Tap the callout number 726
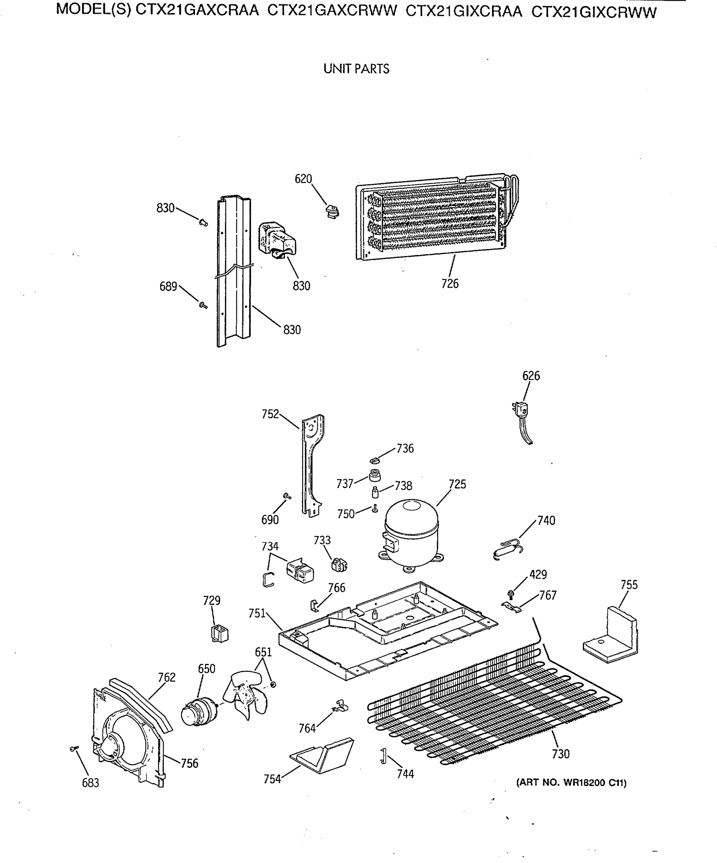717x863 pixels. click(450, 284)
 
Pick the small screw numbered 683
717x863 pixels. click(74, 749)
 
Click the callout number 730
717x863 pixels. click(560, 754)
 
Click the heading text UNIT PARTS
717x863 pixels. click(356, 69)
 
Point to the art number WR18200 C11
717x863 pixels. click(571, 782)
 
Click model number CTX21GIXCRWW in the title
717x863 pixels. click(594, 12)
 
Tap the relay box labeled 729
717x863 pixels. click(220, 633)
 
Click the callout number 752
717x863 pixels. click(270, 414)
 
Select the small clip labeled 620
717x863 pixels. click(332, 212)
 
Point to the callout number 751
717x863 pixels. click(257, 613)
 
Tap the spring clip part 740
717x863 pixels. click(508, 549)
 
